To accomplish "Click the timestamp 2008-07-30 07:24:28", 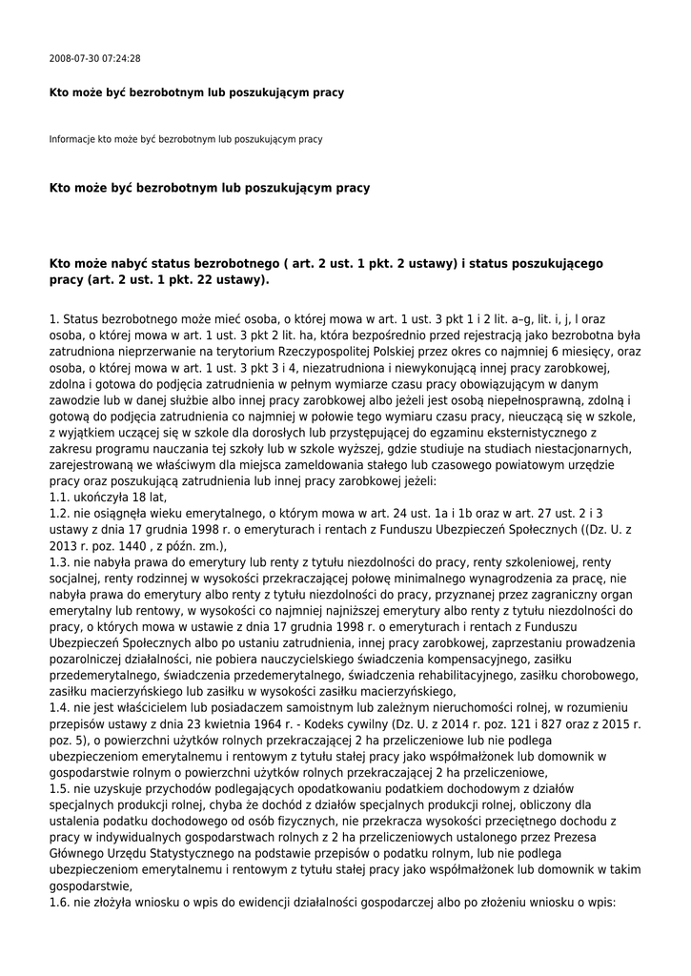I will point(94,59).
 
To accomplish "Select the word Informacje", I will point(71,139).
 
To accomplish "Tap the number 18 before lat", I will point(139,497).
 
